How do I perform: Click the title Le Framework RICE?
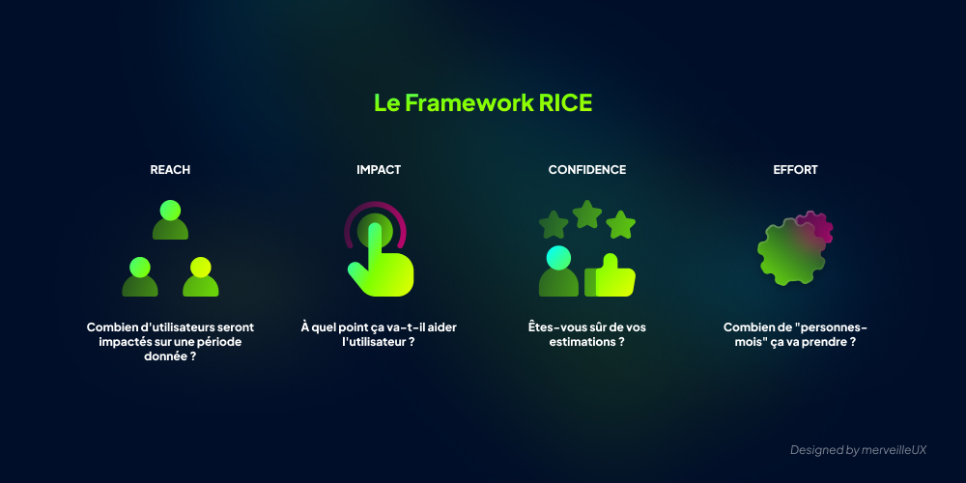(483, 103)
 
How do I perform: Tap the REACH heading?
(170, 170)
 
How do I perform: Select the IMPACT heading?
(379, 170)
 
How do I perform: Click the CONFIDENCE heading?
(587, 170)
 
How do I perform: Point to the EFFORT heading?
(796, 170)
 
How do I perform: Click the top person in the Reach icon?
(170, 220)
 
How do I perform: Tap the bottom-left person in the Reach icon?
(140, 277)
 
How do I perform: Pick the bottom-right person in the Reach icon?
(201, 277)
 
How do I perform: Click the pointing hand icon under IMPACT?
(381, 256)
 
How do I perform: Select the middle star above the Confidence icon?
(587, 213)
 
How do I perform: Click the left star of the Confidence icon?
(554, 225)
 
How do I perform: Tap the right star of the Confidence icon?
(621, 225)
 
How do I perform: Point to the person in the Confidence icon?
(558, 272)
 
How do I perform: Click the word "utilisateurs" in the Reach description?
(186, 327)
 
